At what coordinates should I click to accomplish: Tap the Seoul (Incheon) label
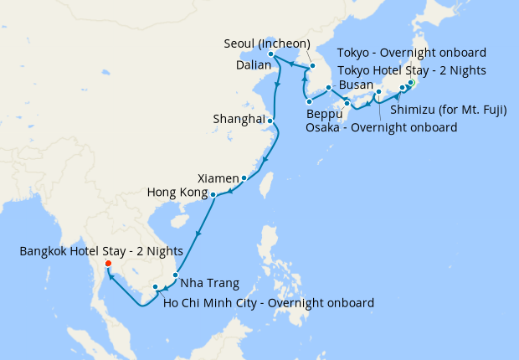pos(267,44)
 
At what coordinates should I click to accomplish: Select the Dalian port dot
pos(270,56)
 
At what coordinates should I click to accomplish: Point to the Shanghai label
pos(239,119)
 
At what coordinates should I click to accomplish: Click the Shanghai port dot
pos(270,121)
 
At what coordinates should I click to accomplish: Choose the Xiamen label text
pos(218,178)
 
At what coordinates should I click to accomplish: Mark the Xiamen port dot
pos(244,178)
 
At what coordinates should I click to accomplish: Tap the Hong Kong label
pos(176,193)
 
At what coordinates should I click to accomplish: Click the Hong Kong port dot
pos(213,195)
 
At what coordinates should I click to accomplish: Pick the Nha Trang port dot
pos(175,275)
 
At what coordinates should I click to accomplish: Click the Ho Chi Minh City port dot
pos(156,288)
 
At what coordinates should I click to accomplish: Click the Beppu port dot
pos(310,102)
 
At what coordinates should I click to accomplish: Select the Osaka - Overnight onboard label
pos(382,127)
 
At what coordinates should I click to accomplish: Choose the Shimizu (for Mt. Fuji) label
pos(449,109)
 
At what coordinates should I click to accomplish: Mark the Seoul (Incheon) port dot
pos(312,65)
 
